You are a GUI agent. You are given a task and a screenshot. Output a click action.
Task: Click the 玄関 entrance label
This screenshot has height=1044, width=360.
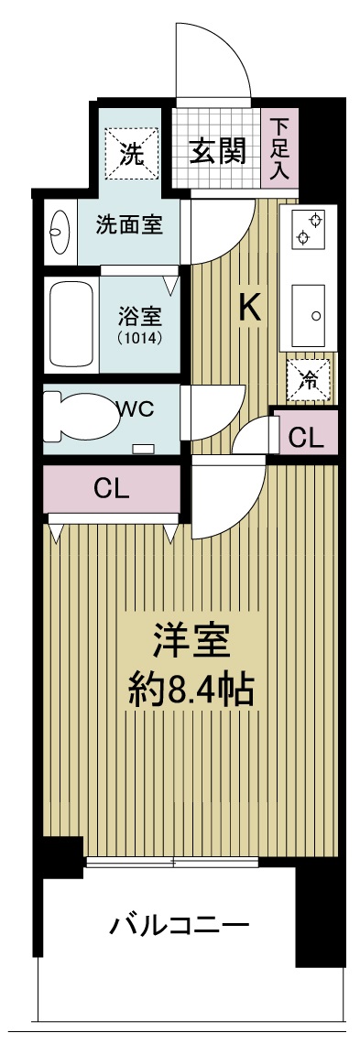[x=217, y=151]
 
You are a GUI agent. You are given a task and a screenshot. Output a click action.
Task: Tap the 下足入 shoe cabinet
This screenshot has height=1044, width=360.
[x=278, y=147]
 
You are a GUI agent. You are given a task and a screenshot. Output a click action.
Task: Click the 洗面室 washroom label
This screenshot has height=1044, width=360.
[x=129, y=225]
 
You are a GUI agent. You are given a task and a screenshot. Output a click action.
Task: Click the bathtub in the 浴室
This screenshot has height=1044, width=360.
[x=71, y=323]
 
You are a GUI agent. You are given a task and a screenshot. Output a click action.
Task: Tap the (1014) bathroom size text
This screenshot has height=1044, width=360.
[x=140, y=338]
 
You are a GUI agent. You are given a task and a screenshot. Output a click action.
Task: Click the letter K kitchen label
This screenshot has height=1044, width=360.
[x=248, y=309]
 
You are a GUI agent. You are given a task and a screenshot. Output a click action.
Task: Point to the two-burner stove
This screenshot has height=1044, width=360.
[x=308, y=227]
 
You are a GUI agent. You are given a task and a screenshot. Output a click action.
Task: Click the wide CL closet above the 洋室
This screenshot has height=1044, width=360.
[x=112, y=489]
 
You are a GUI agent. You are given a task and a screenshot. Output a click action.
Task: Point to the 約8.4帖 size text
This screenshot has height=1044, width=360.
[x=191, y=691]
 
